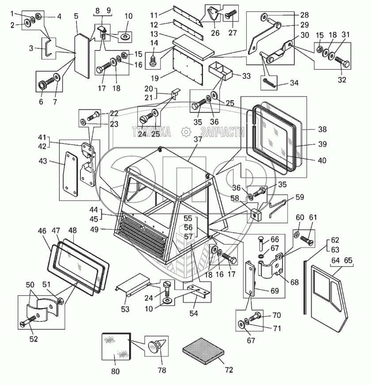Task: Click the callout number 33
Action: click(x=246, y=76)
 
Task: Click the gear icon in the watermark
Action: click(x=186, y=131)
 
